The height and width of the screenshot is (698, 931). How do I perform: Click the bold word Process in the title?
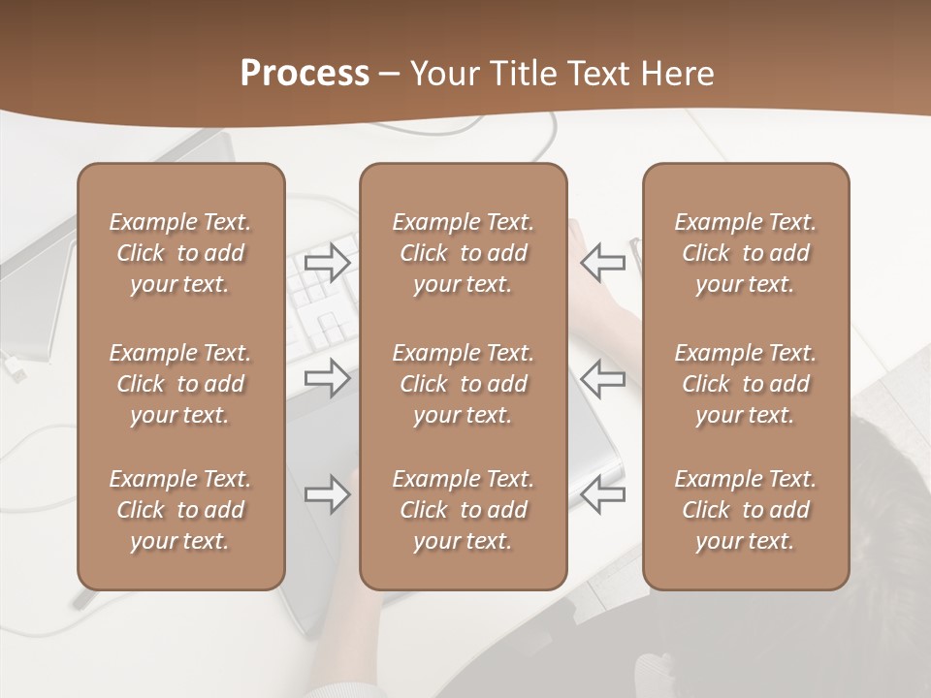tap(305, 74)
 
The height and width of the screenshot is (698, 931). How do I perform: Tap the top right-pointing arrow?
tap(328, 262)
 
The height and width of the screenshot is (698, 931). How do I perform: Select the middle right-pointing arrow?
tap(328, 377)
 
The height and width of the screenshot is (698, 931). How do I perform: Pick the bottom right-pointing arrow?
tap(328, 494)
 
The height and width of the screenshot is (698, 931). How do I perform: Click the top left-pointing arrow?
tap(603, 262)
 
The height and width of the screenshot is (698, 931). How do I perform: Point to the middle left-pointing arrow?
tap(603, 377)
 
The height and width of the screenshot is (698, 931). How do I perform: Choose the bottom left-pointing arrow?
tap(603, 494)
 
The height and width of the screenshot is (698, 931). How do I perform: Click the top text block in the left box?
tap(180, 253)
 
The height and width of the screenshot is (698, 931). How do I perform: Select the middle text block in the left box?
tap(180, 384)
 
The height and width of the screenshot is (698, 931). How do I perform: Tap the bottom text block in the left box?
tap(180, 510)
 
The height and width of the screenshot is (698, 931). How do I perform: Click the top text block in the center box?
tap(463, 253)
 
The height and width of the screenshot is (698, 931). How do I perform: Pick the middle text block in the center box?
tap(463, 384)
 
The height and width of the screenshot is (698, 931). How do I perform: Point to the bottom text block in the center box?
tap(463, 510)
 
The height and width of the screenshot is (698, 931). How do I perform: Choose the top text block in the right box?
tap(745, 253)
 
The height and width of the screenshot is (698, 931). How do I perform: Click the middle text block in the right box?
tap(745, 384)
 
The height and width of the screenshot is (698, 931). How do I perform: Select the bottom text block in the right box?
tap(745, 510)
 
